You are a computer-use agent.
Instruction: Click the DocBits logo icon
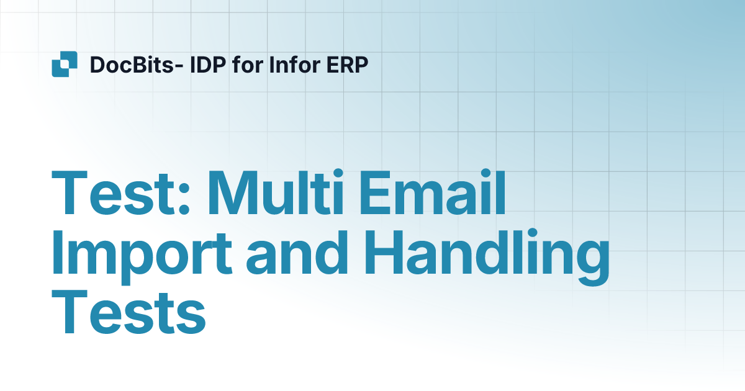(x=65, y=64)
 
